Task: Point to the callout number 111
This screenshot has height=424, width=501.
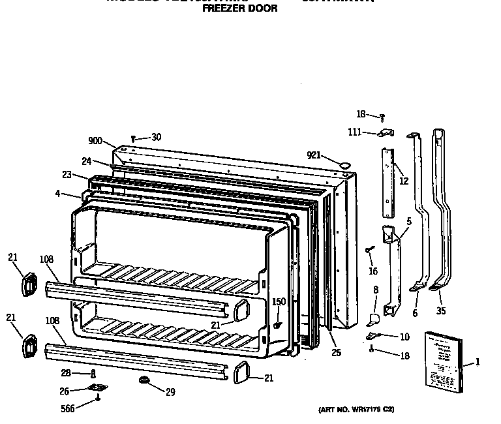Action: coord(354,132)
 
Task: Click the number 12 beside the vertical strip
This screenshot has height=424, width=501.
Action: coord(404,181)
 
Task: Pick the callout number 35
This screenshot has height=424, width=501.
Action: coord(440,311)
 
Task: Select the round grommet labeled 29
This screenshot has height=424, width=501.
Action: coord(142,380)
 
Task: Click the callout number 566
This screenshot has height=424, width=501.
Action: coord(67,408)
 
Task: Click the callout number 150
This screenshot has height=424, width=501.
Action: coord(279,301)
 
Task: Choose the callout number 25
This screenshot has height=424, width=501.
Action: coord(336,353)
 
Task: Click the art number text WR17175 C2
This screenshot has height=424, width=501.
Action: coord(356,410)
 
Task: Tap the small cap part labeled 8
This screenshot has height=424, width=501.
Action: coord(374,318)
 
